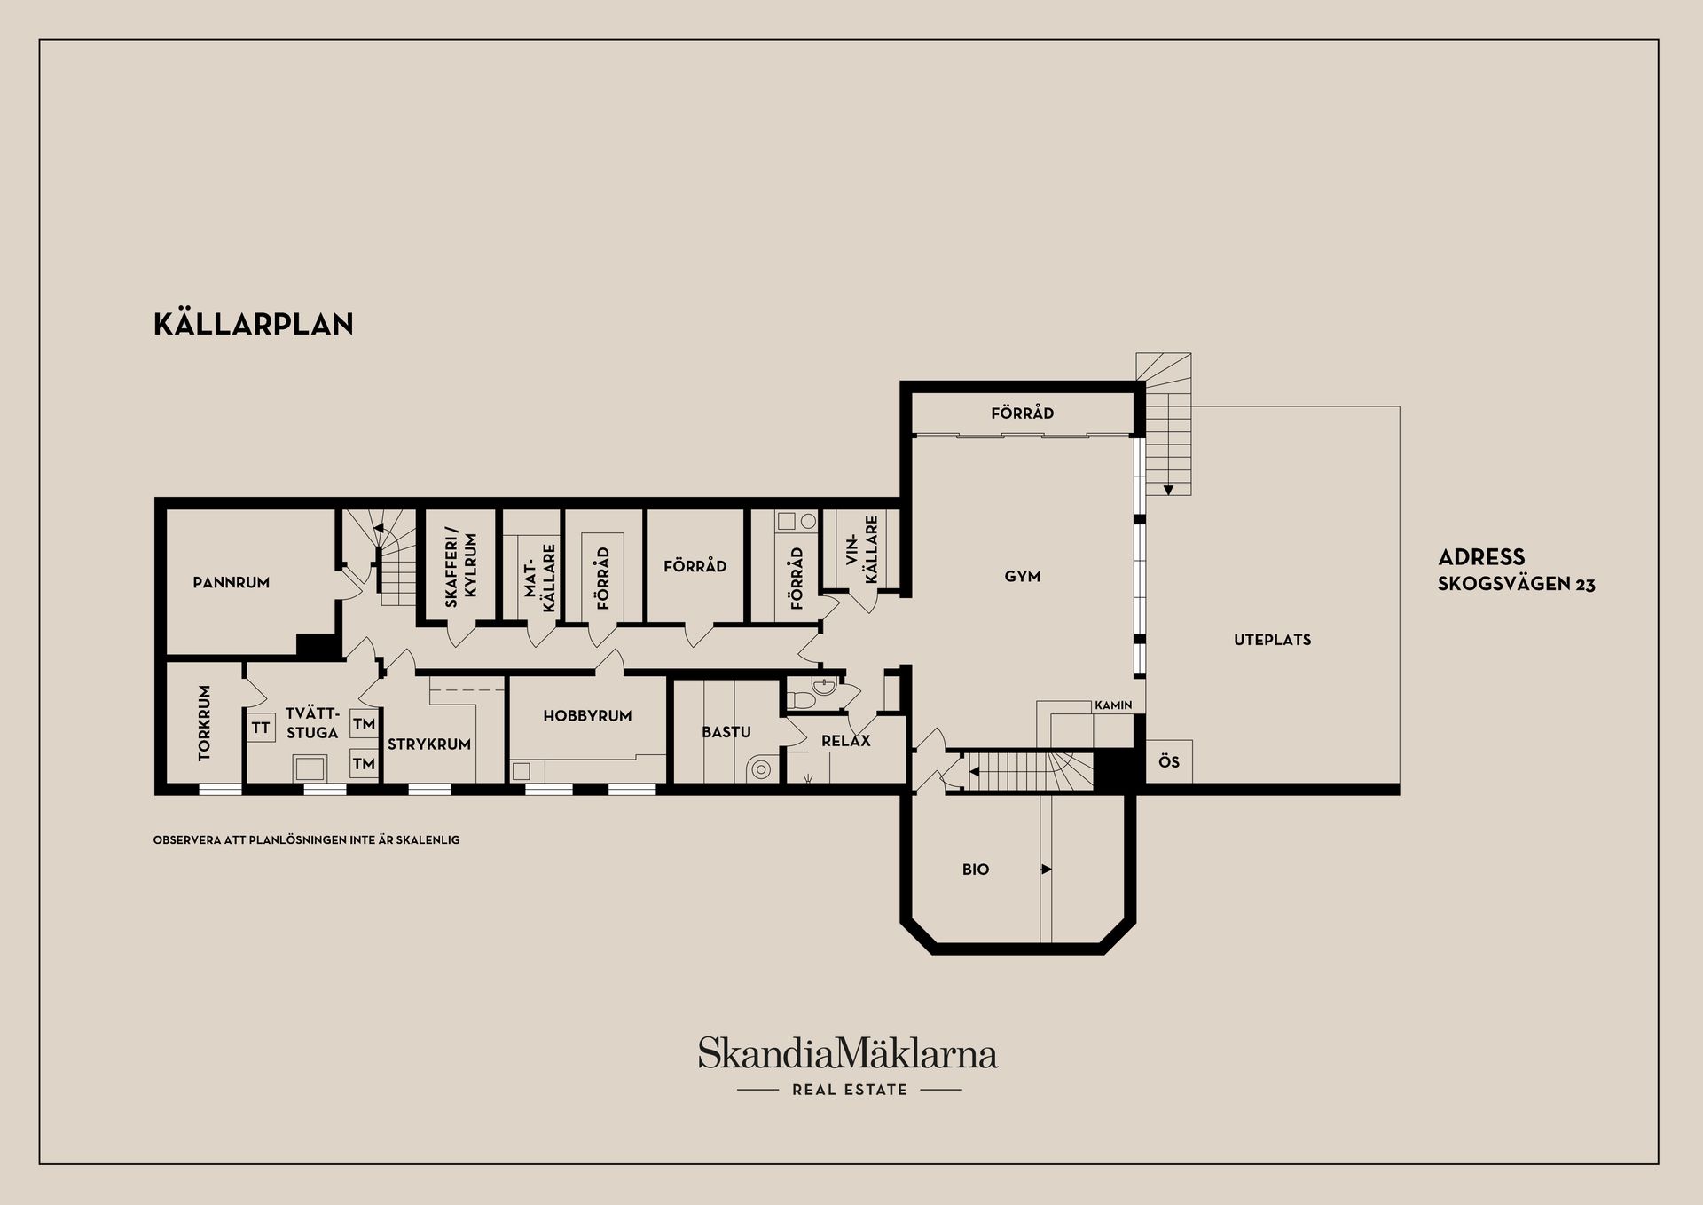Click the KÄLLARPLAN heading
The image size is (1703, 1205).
point(254,325)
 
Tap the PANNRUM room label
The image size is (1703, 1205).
point(231,583)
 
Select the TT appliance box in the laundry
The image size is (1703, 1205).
point(261,728)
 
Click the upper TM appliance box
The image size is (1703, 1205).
point(364,724)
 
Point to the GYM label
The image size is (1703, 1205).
point(1022,577)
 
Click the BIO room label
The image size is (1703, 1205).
point(975,870)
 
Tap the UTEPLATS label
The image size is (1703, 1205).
point(1272,640)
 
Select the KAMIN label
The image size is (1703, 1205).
point(1113,705)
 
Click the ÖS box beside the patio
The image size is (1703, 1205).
point(1169,762)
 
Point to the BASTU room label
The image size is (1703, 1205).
point(726,732)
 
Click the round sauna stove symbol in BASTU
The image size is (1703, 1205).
point(761,769)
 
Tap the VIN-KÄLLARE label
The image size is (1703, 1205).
point(861,549)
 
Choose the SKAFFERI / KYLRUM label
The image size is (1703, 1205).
point(460,570)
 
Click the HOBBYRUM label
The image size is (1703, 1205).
point(587,716)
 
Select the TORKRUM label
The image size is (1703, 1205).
point(205,722)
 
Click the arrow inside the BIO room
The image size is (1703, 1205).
point(1047,870)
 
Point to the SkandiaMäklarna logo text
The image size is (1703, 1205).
point(847,1054)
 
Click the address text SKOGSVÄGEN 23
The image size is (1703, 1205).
point(1516,585)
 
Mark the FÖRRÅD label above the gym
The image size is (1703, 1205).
point(1022,413)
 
